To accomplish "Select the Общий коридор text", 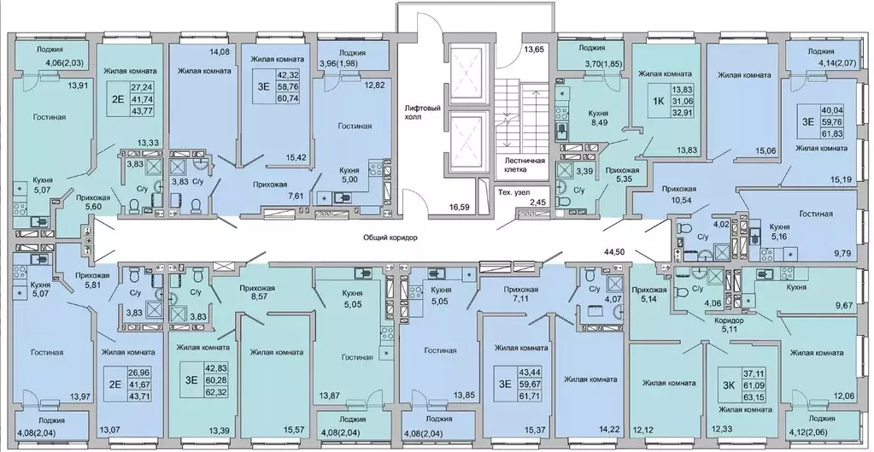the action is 390,238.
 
